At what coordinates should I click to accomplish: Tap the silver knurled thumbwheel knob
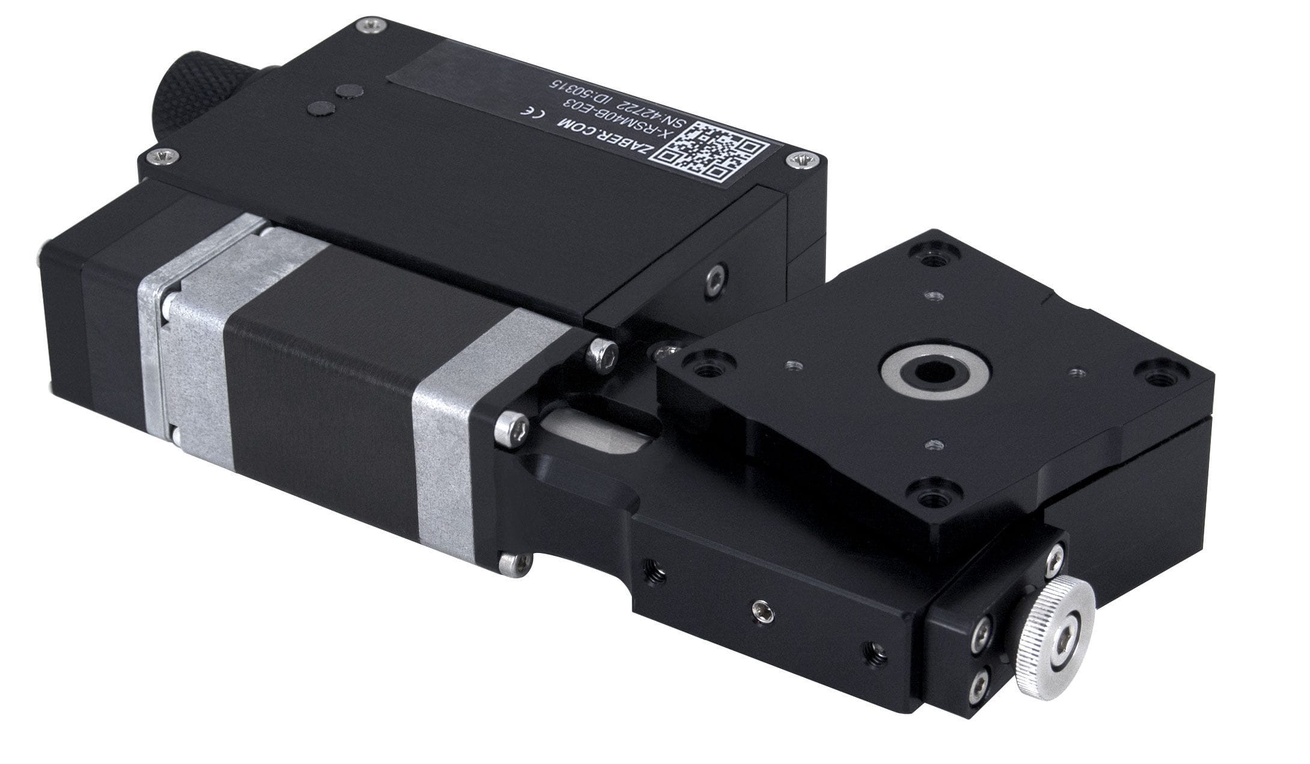coord(1055,637)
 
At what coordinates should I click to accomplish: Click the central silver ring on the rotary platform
coord(935,373)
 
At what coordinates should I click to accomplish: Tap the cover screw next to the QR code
coord(804,159)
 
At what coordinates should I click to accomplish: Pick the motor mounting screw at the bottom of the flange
coord(515,563)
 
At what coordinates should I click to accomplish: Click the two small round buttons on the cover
coord(335,100)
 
